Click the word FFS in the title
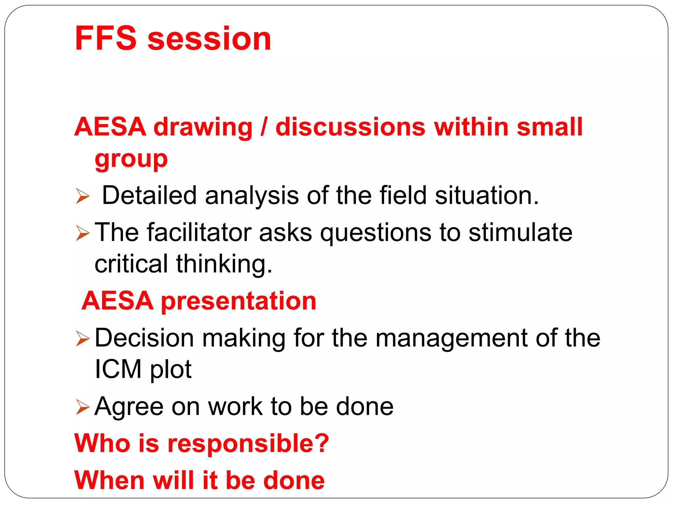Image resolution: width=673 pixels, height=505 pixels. click(105, 38)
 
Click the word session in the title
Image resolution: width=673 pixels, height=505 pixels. click(209, 39)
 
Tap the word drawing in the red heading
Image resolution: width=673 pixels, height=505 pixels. click(203, 127)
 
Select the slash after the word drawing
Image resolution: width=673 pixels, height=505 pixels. click(264, 127)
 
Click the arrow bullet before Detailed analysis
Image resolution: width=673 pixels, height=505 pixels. click(82, 196)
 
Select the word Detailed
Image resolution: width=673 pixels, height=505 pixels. click(149, 195)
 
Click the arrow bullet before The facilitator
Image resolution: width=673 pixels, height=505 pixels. click(82, 233)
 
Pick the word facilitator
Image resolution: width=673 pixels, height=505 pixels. click(199, 232)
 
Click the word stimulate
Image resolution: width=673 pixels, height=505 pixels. click(520, 232)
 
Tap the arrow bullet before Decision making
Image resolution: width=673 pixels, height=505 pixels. click(82, 339)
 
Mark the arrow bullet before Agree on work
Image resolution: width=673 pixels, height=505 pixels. click(82, 407)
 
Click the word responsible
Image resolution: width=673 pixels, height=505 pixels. click(248, 444)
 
